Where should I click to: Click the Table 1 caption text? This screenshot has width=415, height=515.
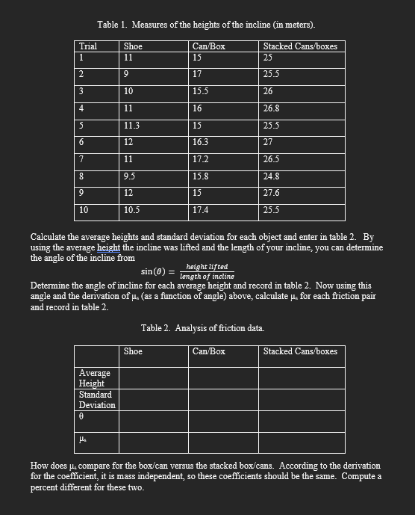[206, 25]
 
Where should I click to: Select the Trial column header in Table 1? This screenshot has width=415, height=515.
[87, 46]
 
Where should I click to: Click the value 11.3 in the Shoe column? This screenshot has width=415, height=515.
[131, 126]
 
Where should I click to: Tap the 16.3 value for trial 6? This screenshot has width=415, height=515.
[200, 141]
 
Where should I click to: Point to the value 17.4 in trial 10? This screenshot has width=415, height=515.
[200, 210]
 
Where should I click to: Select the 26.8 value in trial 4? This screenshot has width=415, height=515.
[272, 108]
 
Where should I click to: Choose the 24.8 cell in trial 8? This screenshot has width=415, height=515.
[272, 176]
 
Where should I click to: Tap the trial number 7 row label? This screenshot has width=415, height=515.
[81, 159]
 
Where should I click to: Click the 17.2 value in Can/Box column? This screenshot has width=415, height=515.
[200, 159]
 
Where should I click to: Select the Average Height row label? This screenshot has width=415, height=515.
[95, 377]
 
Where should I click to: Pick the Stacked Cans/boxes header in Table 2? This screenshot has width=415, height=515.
[300, 351]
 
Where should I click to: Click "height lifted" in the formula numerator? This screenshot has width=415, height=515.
[207, 267]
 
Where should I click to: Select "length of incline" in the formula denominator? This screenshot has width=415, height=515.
[207, 276]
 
